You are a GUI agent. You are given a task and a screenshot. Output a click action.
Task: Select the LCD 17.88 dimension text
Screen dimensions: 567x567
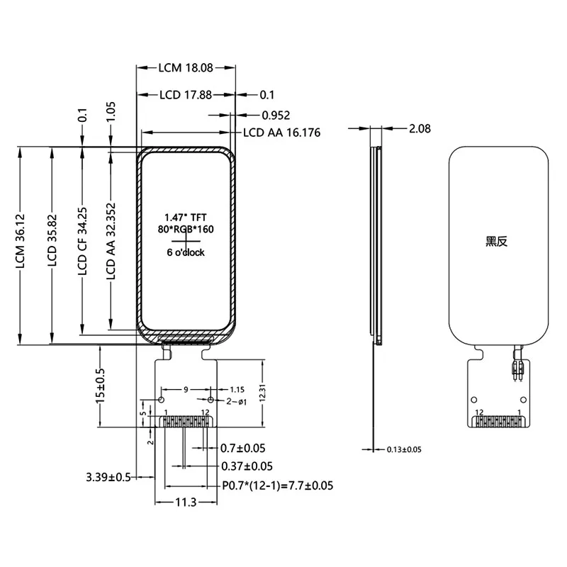pyautogui.click(x=185, y=94)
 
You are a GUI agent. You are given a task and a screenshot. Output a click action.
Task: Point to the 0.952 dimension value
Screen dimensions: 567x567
pyautogui.click(x=276, y=115)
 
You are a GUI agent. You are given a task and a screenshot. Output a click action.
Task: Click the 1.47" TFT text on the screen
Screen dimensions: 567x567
pyautogui.click(x=186, y=217)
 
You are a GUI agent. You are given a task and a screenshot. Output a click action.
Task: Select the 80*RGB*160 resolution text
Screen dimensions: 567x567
pyautogui.click(x=186, y=229)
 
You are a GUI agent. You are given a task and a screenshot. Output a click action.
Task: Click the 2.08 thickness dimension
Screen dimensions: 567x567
pyautogui.click(x=420, y=128)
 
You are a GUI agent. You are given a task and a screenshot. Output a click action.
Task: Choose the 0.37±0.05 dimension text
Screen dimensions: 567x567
pyautogui.click(x=247, y=466)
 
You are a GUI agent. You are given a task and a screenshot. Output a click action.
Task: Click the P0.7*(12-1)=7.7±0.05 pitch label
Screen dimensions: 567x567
pyautogui.click(x=277, y=485)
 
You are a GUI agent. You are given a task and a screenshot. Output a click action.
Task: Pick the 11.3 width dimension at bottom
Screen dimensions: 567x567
pyautogui.click(x=186, y=503)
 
